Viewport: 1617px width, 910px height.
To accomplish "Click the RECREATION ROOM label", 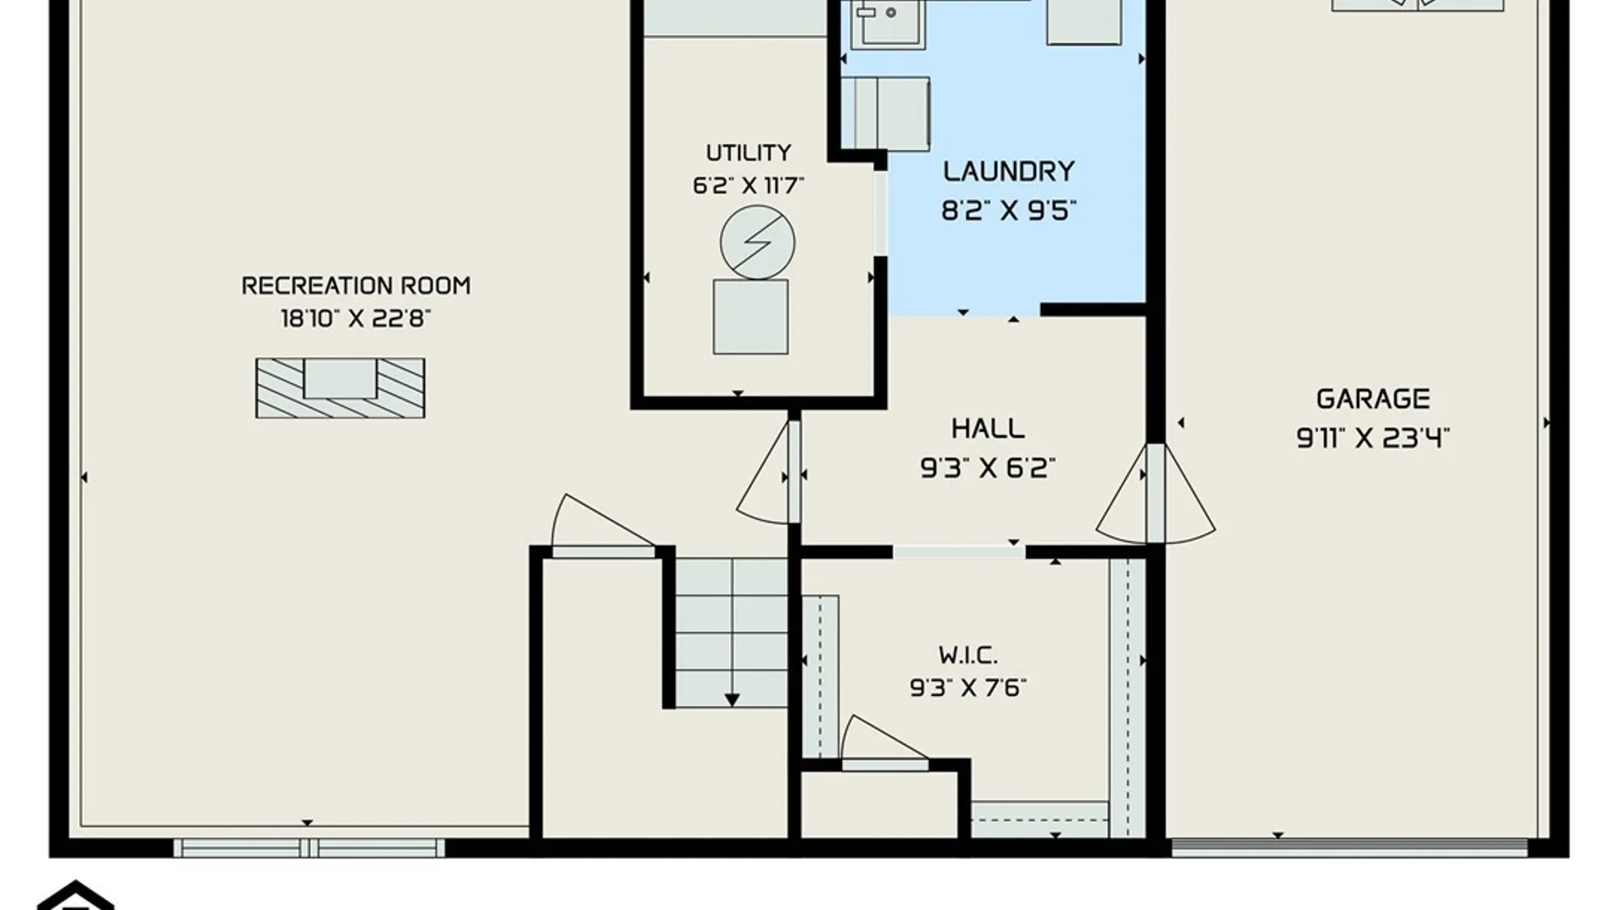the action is pos(355,286).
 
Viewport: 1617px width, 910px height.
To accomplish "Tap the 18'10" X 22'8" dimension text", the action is pos(355,318).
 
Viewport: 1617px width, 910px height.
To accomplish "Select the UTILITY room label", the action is pos(749,153).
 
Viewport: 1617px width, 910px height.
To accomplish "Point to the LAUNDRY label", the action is pos(1009,171).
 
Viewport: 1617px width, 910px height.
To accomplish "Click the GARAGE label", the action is pos(1373,399).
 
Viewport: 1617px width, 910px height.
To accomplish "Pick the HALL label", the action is pos(988,428).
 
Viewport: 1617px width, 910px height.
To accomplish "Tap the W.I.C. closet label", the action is pos(968,655).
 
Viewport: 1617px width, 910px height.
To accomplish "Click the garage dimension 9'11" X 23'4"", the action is pos(1373,437).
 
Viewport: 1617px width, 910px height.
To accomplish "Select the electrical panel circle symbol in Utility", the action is pos(757,243).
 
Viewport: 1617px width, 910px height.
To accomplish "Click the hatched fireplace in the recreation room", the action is pos(340,388).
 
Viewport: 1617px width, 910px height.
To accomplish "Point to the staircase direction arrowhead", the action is pos(732,700).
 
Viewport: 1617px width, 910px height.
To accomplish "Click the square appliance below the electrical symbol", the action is pos(750,317).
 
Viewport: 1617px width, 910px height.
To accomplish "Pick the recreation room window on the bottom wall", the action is pos(309,847).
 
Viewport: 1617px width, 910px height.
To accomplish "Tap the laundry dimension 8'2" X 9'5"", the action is pos(1009,210).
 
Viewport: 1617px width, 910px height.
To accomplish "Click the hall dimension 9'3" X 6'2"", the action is pos(988,467).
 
